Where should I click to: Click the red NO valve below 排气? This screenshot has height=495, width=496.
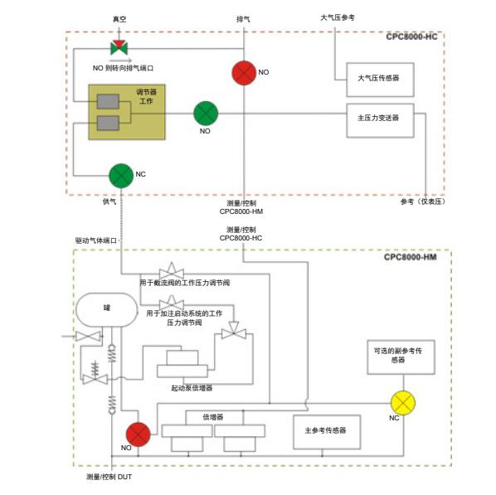pos(244,73)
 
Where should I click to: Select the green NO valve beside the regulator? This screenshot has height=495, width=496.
pos(206,114)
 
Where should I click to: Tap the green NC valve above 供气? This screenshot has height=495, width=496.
pos(121,176)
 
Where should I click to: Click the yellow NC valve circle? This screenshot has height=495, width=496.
pos(403,403)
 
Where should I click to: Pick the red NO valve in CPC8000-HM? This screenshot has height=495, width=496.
pos(139,434)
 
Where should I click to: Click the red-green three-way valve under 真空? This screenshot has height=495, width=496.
pos(119,47)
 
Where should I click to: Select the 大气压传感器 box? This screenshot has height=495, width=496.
pos(380,80)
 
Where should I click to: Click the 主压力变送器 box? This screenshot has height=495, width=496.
pos(380,120)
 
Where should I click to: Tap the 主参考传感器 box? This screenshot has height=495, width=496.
pos(327,432)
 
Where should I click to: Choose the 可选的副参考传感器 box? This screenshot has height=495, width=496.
pos(401,357)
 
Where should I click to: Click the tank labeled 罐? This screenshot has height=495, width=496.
pos(107,309)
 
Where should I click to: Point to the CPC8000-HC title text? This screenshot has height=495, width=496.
pos(411,36)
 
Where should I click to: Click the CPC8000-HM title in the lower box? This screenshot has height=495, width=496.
pos(411,257)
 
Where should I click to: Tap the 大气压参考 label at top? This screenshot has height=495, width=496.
pos(338,17)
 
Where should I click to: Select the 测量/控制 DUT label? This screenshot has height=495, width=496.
pos(109,477)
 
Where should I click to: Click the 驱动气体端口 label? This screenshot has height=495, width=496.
pos(96,240)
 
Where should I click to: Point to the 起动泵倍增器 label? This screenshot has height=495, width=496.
pos(192,388)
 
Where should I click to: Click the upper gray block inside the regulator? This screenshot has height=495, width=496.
pos(108,101)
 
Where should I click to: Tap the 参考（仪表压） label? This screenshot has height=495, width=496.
pos(423,201)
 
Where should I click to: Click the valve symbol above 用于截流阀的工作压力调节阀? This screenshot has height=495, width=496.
pos(172,271)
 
